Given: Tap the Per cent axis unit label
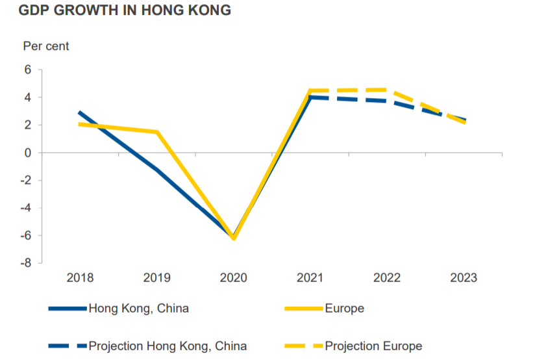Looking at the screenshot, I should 45,46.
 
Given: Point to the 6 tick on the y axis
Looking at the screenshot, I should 28,70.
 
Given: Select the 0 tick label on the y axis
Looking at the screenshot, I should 28,153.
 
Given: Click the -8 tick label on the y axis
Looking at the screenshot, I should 25,263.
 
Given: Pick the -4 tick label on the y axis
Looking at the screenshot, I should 25,208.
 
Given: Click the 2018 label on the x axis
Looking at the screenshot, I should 80,278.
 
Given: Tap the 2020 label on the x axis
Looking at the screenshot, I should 234,278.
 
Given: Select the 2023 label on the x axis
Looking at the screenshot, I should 464,278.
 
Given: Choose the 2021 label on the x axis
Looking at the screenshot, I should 310,278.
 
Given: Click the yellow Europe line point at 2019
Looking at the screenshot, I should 156,133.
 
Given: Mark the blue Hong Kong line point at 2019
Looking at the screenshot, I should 156,170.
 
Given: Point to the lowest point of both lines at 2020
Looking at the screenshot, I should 234,237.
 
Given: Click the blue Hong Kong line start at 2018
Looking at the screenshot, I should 80,113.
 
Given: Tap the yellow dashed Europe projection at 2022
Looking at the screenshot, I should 387,90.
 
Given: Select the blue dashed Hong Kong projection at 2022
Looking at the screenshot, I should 387,101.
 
